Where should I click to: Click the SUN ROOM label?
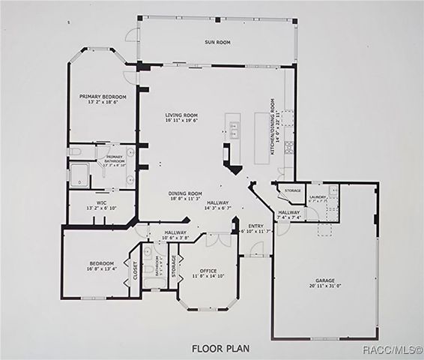216,43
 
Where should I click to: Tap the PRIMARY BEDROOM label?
103,97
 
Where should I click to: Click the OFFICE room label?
208,271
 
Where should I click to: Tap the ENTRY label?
256,226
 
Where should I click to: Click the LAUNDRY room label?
317,196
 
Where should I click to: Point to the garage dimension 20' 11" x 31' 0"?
324,286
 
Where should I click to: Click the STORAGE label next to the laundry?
293,190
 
